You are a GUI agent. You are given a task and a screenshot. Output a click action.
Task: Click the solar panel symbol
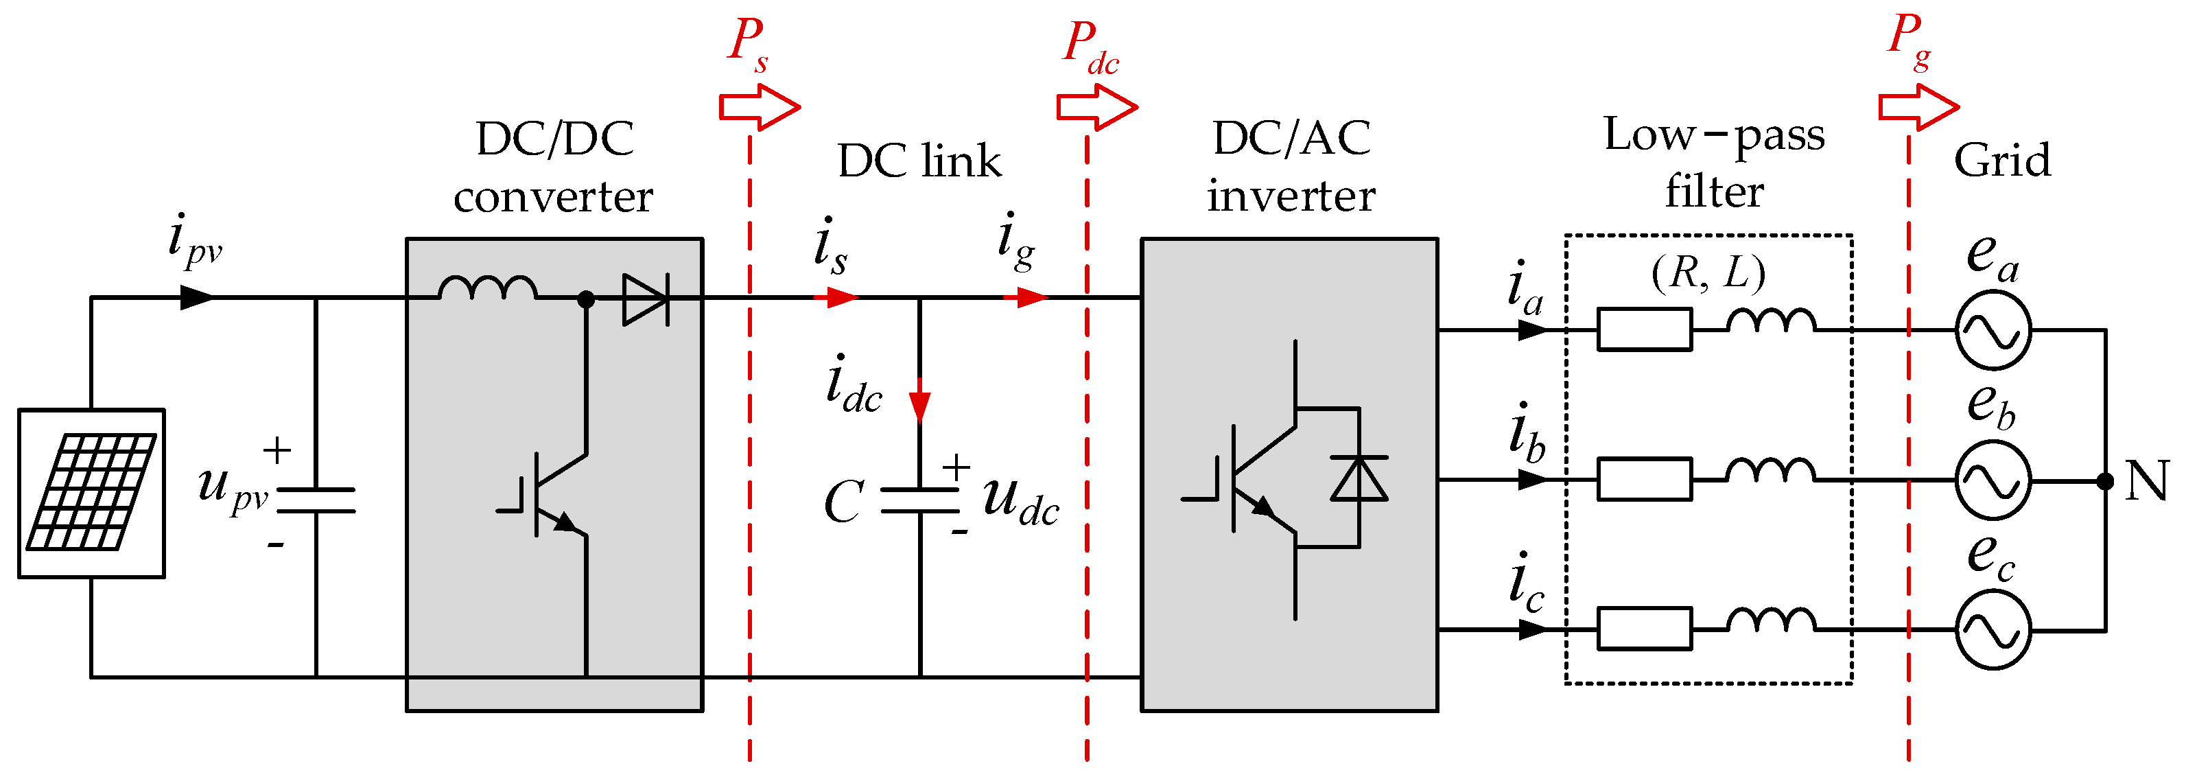point(92,492)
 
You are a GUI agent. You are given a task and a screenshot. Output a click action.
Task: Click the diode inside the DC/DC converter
point(646,299)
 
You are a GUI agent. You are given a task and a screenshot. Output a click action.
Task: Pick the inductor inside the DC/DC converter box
point(488,288)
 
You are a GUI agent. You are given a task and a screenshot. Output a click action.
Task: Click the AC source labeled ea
point(1993,330)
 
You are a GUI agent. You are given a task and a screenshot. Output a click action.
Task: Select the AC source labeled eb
point(1993,480)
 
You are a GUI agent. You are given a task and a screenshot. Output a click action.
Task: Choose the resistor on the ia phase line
point(1644,330)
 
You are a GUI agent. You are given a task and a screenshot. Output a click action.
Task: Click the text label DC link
point(919,161)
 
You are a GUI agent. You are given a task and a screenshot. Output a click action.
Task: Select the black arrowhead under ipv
point(197,298)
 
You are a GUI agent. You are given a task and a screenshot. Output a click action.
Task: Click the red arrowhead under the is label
point(839,298)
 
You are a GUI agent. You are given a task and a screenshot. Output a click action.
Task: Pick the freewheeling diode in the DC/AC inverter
point(1359,478)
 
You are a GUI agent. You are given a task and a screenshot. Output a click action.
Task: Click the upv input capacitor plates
point(316,500)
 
